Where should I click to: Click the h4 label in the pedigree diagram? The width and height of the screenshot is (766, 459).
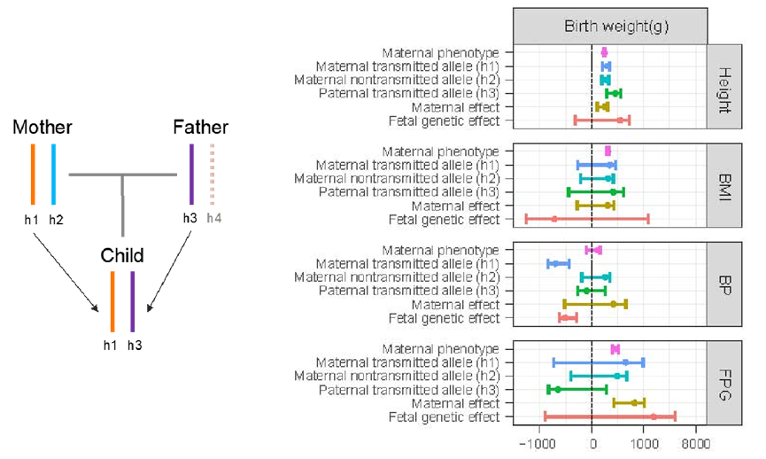(213, 217)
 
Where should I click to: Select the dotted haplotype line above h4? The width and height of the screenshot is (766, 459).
(212, 174)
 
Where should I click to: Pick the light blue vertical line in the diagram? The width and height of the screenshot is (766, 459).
(53, 174)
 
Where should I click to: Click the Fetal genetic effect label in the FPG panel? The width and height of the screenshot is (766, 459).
(444, 417)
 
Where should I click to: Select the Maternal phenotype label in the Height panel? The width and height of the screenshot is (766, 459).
(441, 53)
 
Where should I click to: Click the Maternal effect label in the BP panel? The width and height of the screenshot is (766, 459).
(455, 305)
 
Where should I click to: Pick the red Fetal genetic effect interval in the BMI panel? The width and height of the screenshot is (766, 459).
(586, 219)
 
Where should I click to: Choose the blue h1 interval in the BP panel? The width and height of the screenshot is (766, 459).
(559, 263)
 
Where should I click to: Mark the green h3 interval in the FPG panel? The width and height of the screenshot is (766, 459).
(576, 389)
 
